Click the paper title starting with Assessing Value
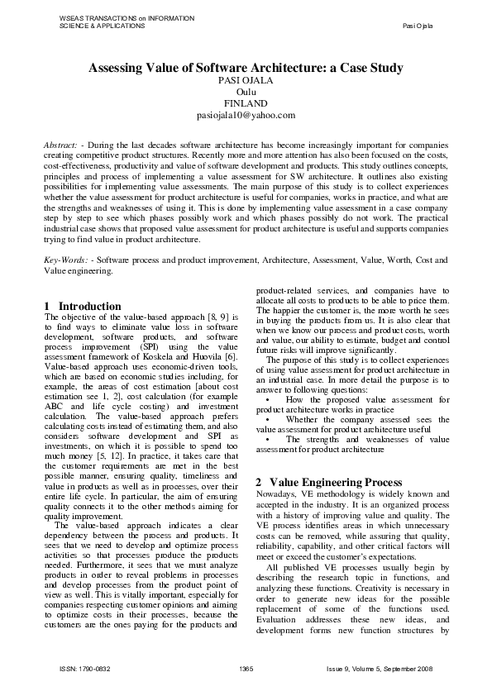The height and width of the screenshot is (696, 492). pyautogui.click(x=246, y=69)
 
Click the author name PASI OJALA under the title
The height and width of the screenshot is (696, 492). pyautogui.click(x=246, y=81)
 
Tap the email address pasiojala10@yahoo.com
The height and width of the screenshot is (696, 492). pyautogui.click(x=246, y=116)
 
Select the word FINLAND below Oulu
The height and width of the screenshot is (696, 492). pyautogui.click(x=246, y=104)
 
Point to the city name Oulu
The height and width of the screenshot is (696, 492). pyautogui.click(x=246, y=93)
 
